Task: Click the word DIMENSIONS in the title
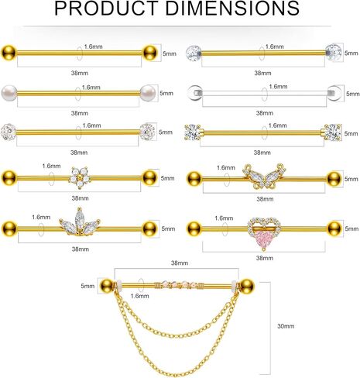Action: pos(232,9)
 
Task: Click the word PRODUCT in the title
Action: pos(106,9)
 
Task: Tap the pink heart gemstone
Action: pos(263,238)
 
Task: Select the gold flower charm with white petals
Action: pos(80,177)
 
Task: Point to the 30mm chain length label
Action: pos(286,326)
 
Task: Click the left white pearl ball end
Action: pos(9,93)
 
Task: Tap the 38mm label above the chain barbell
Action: pos(180,263)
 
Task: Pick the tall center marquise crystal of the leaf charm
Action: pos(79,218)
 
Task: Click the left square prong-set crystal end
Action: pos(192,132)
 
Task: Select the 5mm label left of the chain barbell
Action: pos(87,286)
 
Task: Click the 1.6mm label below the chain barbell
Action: pos(139,296)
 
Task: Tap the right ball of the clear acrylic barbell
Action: pos(334,93)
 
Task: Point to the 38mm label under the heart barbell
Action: pos(265,258)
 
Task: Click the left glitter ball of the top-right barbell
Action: pos(194,53)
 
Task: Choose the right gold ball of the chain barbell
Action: pos(246,286)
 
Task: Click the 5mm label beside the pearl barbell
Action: pos(166,93)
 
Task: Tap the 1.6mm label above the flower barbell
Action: pos(51,166)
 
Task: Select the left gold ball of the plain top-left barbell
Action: pos(9,53)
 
